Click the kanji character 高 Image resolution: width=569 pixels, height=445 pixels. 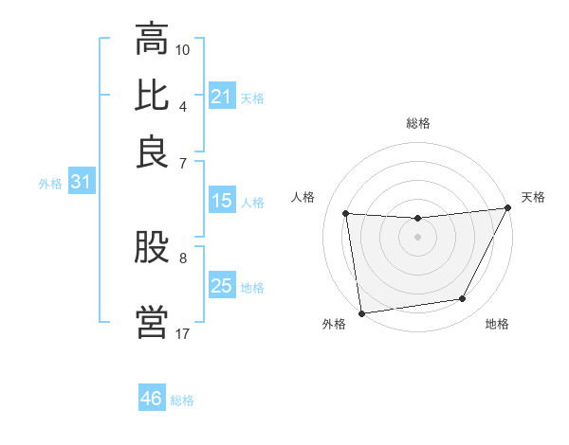tap(152, 40)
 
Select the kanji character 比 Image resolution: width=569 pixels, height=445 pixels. tap(152, 95)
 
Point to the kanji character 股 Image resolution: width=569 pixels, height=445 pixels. tap(152, 249)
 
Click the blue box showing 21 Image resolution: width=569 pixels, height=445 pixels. tap(221, 97)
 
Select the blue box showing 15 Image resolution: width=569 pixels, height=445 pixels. tap(221, 201)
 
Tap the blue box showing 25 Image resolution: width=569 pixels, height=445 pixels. tap(221, 286)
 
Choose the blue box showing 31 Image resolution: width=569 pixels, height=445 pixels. tap(80, 183)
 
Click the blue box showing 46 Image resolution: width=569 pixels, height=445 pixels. tap(152, 399)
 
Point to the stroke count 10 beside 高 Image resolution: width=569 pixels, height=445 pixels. tap(183, 49)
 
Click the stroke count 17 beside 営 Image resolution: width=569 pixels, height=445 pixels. tap(183, 333)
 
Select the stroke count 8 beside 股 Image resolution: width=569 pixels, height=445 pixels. tap(183, 257)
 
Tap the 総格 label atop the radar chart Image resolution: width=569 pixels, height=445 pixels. tap(417, 124)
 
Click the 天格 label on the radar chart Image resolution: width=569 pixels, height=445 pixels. tap(533, 197)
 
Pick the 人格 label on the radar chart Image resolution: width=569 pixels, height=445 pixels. tap(303, 197)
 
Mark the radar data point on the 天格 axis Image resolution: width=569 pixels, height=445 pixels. tap(508, 208)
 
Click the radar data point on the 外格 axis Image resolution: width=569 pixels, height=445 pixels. tap(361, 313)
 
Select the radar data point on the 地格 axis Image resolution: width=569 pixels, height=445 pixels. tap(463, 299)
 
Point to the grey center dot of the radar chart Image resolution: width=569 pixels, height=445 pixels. tap(417, 238)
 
